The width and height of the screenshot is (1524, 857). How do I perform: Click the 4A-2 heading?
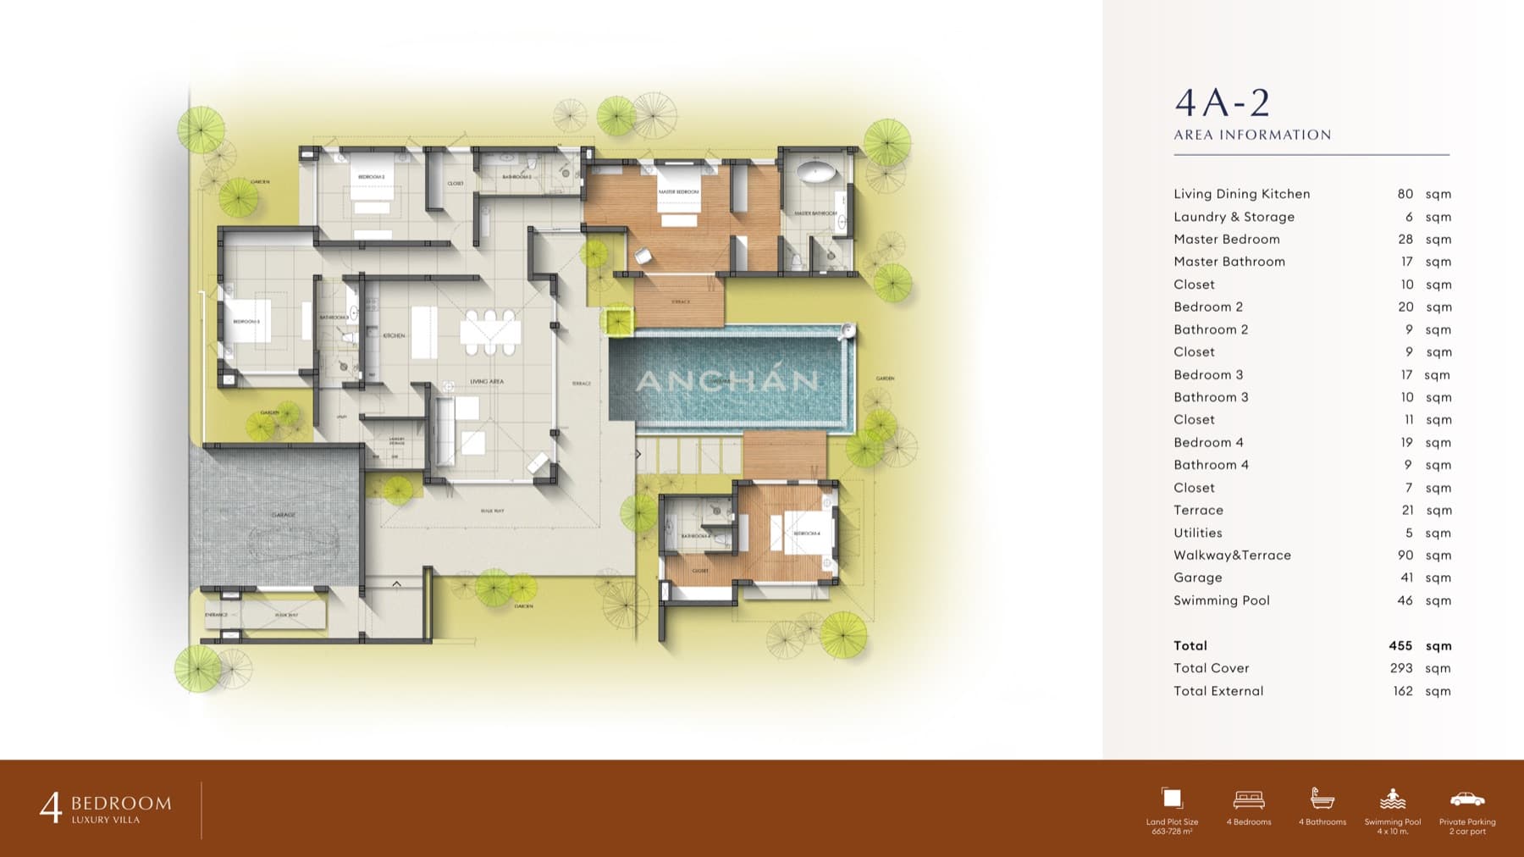pyautogui.click(x=1222, y=103)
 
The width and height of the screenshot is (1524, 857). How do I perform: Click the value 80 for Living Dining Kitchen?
pyautogui.click(x=1405, y=194)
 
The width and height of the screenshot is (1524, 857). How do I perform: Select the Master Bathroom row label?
pyautogui.click(x=1229, y=262)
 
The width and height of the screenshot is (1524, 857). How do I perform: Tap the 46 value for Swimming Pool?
pyautogui.click(x=1405, y=600)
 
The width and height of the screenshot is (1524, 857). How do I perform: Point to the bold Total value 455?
pyautogui.click(x=1400, y=645)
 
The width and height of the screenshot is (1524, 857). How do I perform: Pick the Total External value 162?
pyautogui.click(x=1402, y=691)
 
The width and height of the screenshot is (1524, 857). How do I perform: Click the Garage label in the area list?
pyautogui.click(x=1197, y=578)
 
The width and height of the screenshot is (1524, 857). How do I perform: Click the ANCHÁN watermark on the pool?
pyautogui.click(x=727, y=381)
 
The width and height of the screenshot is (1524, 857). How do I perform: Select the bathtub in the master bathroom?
pyautogui.click(x=817, y=174)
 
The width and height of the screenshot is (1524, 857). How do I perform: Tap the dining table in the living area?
pyautogui.click(x=489, y=332)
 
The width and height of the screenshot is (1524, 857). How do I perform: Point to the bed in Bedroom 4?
pyautogui.click(x=800, y=533)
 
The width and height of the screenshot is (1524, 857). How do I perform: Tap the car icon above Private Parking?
pyautogui.click(x=1466, y=799)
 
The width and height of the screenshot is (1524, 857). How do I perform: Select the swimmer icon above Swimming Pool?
pyautogui.click(x=1392, y=799)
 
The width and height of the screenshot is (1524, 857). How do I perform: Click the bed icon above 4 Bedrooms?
pyautogui.click(x=1249, y=799)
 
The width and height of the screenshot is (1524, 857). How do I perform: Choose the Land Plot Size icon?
pyautogui.click(x=1172, y=799)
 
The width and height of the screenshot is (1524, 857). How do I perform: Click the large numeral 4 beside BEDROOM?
pyautogui.click(x=51, y=808)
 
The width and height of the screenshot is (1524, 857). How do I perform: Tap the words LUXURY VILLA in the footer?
pyautogui.click(x=106, y=820)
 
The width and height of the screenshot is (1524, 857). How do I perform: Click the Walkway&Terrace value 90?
pyautogui.click(x=1405, y=556)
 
